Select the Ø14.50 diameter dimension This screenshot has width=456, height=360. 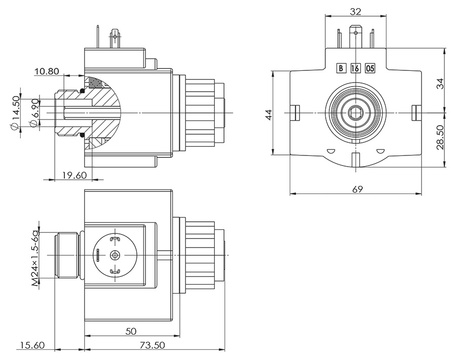tap(16, 113)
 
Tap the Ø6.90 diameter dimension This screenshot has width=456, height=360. tap(34, 113)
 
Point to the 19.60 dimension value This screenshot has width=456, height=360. tap(74, 176)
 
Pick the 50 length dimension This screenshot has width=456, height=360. tap(131, 332)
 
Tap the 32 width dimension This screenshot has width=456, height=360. tap(355, 10)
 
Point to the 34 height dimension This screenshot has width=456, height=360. tap(440, 83)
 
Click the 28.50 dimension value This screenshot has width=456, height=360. tap(440, 138)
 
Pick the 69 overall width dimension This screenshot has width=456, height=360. tap(357, 189)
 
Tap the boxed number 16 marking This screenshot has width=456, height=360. tap(355, 68)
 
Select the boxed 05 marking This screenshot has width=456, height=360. tap(370, 68)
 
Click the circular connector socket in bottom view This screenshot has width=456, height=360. tap(115, 256)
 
